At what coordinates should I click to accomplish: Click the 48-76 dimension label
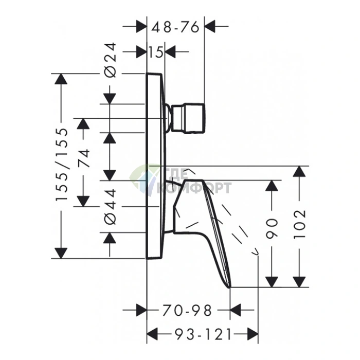(175, 27)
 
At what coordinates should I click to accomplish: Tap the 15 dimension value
(156, 52)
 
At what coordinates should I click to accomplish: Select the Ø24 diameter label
(110, 60)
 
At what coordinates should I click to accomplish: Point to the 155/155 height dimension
(62, 165)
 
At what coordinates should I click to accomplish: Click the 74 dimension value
(83, 158)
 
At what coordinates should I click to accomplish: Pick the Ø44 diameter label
(110, 207)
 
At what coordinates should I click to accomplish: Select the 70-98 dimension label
(187, 311)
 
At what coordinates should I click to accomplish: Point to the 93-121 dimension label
(203, 334)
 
